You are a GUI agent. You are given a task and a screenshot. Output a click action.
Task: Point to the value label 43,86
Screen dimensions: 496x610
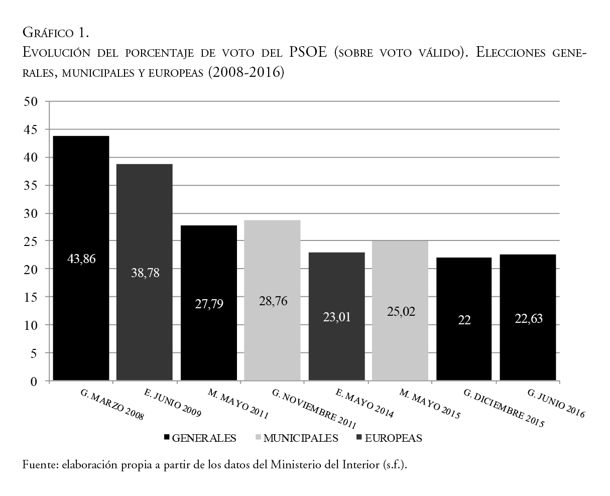[81, 259]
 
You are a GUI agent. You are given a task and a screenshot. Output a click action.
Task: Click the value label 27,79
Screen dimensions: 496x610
[208, 304]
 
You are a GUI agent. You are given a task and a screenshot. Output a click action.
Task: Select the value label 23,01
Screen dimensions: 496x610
[336, 317]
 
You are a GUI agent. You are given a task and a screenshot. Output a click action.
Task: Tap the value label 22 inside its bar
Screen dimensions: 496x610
[464, 320]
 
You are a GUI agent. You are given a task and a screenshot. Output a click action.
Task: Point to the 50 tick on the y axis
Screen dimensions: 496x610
[31, 101]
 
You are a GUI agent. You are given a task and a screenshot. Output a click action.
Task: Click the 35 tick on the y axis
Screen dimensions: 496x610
[31, 185]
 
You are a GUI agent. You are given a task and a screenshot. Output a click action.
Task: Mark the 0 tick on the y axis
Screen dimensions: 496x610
[34, 382]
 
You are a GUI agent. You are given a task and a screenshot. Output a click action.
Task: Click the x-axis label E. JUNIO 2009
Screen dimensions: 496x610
[172, 403]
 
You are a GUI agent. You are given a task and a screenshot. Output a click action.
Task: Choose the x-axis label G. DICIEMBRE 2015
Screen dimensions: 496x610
[504, 408]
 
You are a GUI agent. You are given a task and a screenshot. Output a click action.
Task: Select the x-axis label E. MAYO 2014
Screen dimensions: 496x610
[364, 404]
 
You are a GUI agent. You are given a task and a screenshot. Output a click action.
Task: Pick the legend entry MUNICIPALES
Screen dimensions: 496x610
[300, 438]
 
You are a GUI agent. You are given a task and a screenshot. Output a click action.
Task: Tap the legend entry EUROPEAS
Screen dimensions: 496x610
[393, 438]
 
